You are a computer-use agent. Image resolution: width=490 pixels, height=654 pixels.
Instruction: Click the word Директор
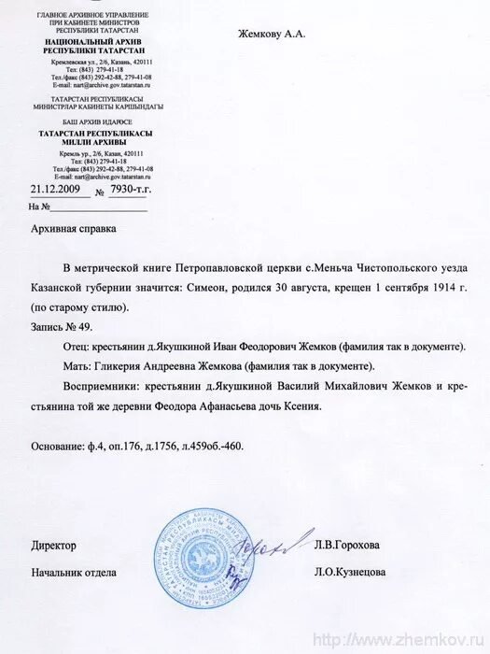coord(53,545)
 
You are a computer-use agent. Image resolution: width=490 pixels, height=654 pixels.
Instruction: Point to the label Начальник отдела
coord(73,572)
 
